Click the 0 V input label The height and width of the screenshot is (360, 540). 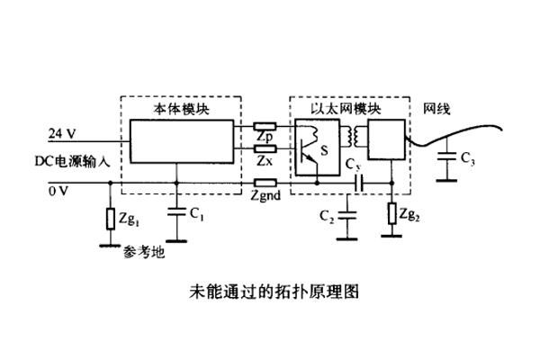(58, 190)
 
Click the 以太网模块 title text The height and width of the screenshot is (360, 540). (346, 108)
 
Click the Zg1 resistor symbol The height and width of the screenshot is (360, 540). (110, 217)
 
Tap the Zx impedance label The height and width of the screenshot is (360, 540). (264, 160)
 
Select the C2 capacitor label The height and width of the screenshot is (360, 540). (328, 217)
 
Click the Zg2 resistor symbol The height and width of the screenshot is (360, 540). (392, 214)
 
